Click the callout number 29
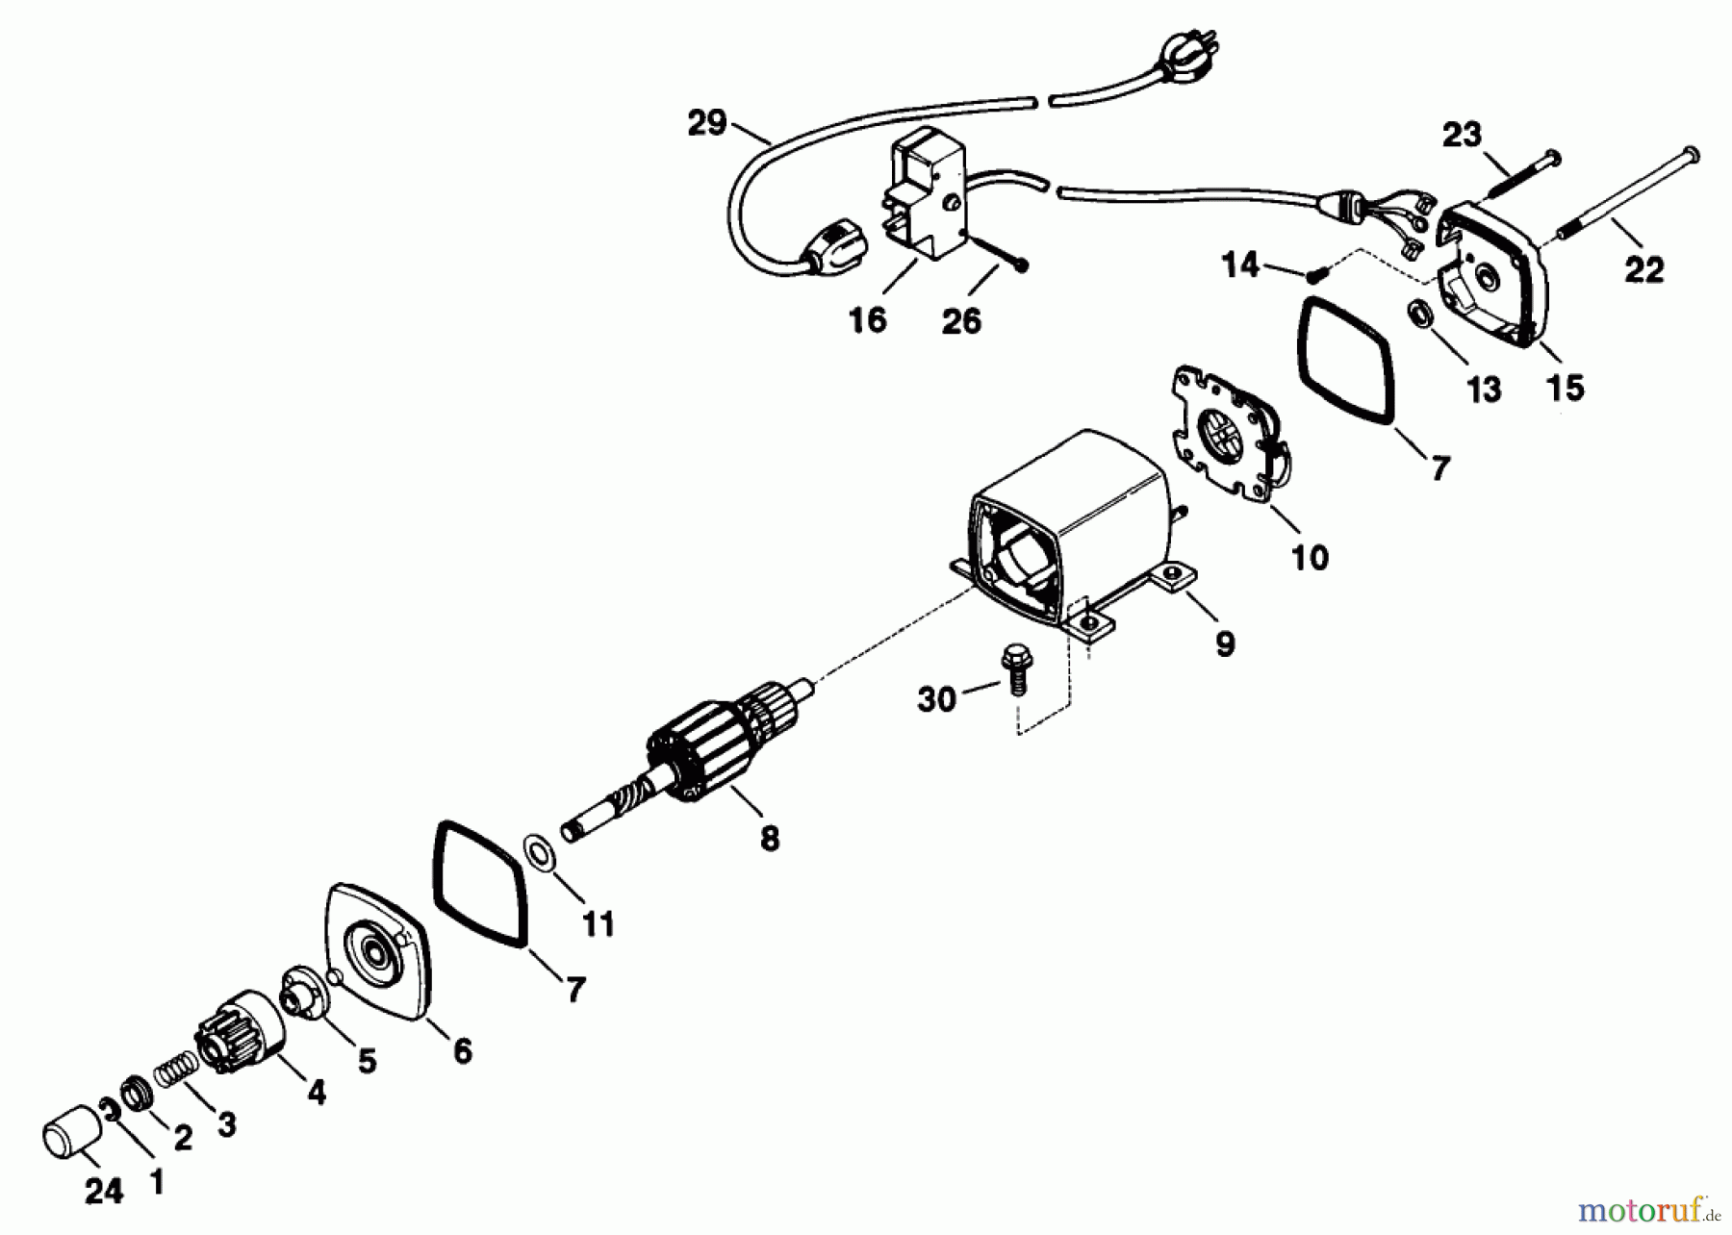(706, 124)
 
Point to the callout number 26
(961, 320)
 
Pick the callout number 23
(1461, 136)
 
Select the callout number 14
(1240, 264)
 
